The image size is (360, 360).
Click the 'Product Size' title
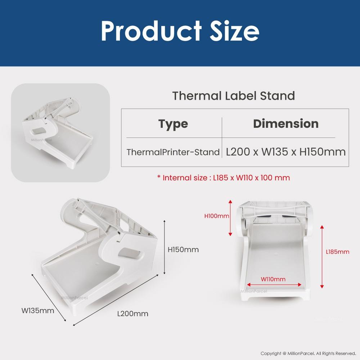(180, 31)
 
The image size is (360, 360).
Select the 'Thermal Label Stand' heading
(233, 96)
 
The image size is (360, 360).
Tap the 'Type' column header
(173, 124)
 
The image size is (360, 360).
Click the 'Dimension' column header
(285, 123)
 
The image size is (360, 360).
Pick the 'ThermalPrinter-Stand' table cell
(173, 152)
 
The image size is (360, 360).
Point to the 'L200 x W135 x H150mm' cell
(285, 152)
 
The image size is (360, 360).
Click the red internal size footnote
(223, 177)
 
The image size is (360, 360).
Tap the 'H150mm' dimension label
(183, 249)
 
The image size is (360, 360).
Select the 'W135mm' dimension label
(38, 310)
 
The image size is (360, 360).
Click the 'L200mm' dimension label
(133, 314)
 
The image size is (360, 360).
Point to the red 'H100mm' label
(217, 216)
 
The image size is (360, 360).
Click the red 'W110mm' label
(273, 279)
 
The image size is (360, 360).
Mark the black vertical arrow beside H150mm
(165, 247)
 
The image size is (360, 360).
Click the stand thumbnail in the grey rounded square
(60, 133)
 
